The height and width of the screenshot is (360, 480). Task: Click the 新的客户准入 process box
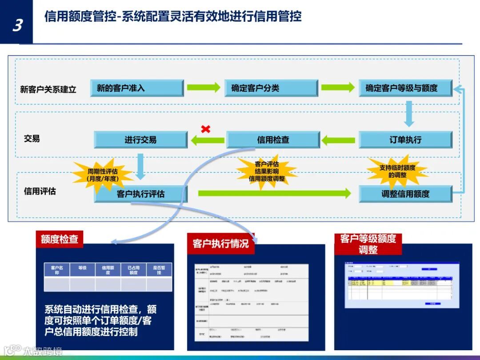(x=137, y=88)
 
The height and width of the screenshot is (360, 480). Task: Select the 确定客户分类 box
(x=271, y=88)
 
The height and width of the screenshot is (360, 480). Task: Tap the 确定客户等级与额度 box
(x=405, y=88)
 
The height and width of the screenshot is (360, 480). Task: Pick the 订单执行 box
(x=405, y=140)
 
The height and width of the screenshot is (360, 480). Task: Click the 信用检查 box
(x=273, y=140)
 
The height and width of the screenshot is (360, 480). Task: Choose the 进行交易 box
(x=140, y=140)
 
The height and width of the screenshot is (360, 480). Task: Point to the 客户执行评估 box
(x=140, y=194)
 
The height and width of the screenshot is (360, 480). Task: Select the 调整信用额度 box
(x=405, y=194)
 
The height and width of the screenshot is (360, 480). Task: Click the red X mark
(x=205, y=129)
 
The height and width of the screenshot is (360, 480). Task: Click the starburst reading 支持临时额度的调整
(x=397, y=171)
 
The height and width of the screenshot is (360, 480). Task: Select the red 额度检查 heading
(x=59, y=239)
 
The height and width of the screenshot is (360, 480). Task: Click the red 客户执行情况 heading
(x=220, y=244)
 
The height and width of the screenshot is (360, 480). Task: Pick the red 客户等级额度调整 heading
(x=368, y=244)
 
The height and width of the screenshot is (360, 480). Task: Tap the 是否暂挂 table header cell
(x=159, y=270)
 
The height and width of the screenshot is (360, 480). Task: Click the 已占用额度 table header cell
(x=133, y=270)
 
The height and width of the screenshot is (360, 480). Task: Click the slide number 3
(x=17, y=25)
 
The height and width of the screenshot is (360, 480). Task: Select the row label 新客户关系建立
(x=48, y=89)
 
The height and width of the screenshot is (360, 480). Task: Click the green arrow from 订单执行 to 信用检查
(x=339, y=140)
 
